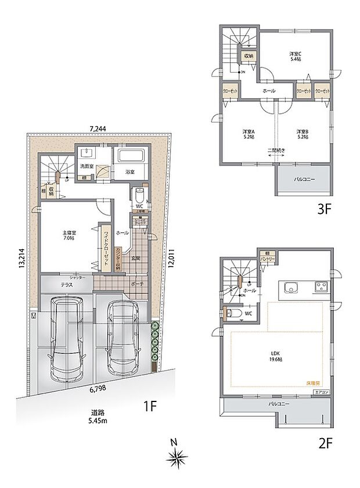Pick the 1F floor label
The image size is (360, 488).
point(150,406)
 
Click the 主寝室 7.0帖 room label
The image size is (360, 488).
point(70,237)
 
